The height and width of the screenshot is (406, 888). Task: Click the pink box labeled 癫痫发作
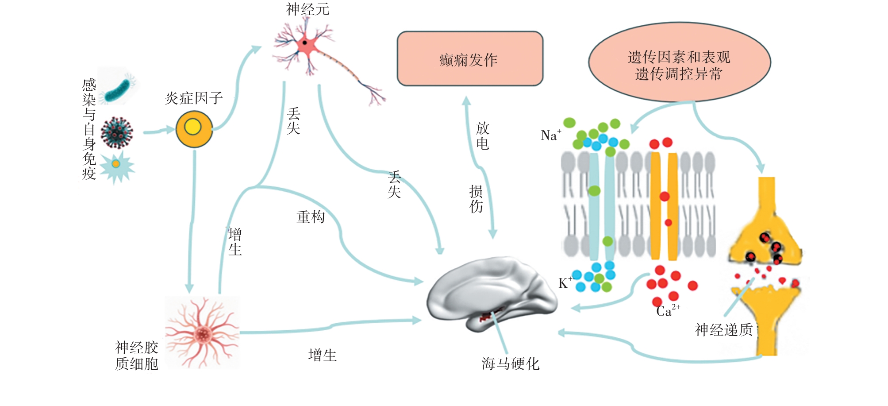[x=469, y=58]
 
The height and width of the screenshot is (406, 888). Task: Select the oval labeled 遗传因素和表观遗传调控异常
[x=679, y=62]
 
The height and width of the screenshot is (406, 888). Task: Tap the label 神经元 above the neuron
[x=308, y=9]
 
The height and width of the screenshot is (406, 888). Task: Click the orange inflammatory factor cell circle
[x=194, y=129]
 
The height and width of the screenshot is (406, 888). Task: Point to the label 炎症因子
[x=194, y=98]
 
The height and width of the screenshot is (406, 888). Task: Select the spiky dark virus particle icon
[x=117, y=132]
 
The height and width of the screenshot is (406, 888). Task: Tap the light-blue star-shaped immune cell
[x=116, y=165]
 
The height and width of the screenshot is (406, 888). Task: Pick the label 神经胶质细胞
[x=136, y=355]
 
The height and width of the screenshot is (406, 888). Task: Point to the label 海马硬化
[x=510, y=364]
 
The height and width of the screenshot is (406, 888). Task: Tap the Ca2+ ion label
[x=667, y=310]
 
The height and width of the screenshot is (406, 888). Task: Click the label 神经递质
[x=723, y=330]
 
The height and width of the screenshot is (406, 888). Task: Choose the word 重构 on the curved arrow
[x=311, y=217]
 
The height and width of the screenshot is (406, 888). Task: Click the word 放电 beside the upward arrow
[x=482, y=135]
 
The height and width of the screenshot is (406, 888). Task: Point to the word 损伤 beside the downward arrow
[x=476, y=199]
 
